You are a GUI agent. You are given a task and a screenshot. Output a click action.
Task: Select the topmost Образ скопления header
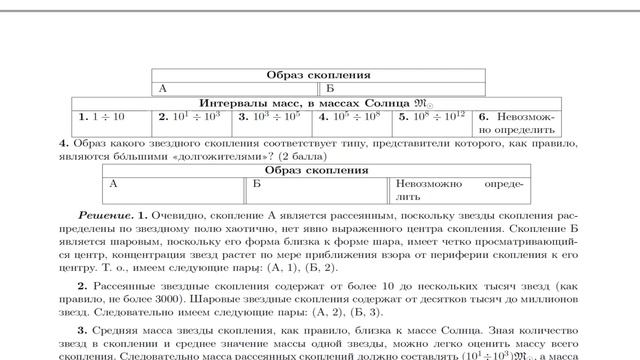click(318, 75)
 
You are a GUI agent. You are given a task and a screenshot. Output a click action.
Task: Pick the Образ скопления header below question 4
click(318, 170)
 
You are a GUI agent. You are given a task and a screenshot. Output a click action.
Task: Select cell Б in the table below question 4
click(317, 190)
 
